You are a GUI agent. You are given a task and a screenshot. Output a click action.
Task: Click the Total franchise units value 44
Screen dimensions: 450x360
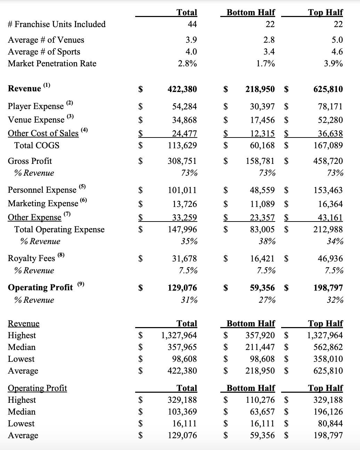pos(192,24)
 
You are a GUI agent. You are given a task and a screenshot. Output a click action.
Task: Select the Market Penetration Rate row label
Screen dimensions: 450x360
pos(52,64)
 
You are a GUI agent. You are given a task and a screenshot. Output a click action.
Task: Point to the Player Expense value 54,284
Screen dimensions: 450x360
pos(185,107)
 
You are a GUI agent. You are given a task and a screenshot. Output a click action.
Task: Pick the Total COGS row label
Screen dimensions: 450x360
pos(37,145)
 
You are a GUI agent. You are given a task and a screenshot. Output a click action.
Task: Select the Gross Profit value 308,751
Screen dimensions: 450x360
pos(182,161)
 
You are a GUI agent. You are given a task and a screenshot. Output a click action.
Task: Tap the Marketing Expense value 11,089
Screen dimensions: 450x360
pos(262,204)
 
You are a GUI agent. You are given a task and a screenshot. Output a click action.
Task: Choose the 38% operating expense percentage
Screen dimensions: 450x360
pos(268,241)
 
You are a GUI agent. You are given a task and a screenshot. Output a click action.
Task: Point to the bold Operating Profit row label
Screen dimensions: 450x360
pos(40,287)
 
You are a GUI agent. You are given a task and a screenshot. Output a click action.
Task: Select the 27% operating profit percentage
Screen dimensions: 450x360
pos(268,300)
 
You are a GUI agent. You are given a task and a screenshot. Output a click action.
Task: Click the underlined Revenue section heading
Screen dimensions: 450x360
pos(24,324)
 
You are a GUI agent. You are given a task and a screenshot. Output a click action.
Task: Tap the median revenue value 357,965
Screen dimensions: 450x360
pos(182,347)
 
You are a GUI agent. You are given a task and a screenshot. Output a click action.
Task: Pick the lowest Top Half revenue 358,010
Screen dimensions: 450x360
pos(328,359)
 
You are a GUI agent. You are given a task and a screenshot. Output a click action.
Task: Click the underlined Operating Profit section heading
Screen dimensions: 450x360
pos(38,388)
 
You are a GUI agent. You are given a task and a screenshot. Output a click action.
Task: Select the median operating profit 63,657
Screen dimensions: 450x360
pos(262,412)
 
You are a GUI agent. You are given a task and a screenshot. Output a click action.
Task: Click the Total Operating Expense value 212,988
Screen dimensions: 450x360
pos(328,230)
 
